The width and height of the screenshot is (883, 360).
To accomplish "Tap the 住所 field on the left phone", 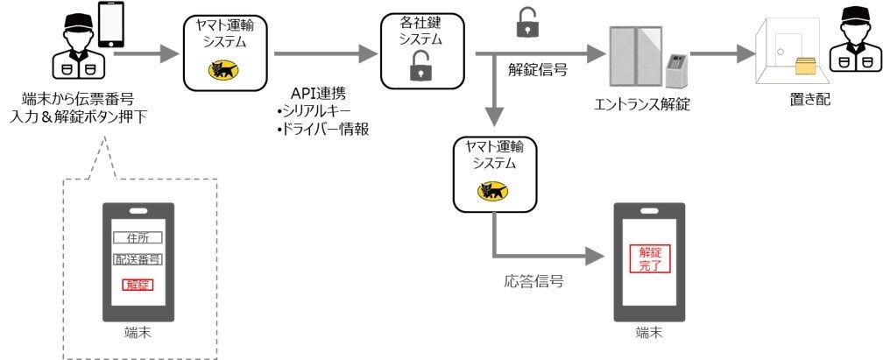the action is [x=138, y=237].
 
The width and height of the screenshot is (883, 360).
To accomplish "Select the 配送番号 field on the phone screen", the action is [x=138, y=260].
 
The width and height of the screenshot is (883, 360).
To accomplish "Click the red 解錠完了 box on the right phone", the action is [x=649, y=259].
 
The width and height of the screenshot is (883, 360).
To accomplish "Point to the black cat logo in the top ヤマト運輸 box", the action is [x=223, y=70].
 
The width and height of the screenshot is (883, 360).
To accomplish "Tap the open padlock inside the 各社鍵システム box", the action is [x=421, y=65].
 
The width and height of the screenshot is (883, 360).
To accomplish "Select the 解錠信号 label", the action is [x=537, y=70].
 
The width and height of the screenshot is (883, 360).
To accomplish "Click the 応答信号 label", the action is [x=533, y=281].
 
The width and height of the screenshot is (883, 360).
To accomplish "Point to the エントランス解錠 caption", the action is [x=642, y=104].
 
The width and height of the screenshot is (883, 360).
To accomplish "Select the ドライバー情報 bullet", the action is [x=322, y=129].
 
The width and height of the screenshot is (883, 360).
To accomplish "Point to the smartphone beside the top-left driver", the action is [x=111, y=25].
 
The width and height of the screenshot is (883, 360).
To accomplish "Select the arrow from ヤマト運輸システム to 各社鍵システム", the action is [x=326, y=54].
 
